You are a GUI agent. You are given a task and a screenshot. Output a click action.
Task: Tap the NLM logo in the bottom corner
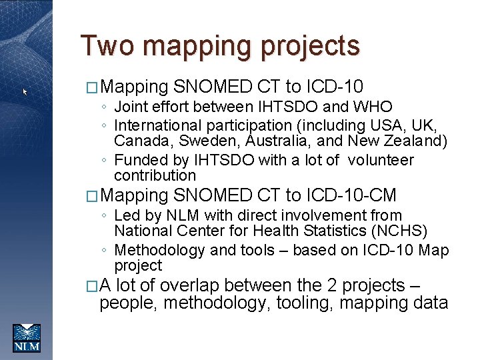tap(27, 337)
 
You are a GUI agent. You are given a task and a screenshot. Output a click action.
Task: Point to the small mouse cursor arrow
tap(25, 92)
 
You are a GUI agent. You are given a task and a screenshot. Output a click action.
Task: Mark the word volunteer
tap(381, 161)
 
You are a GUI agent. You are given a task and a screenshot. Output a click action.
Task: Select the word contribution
tap(155, 176)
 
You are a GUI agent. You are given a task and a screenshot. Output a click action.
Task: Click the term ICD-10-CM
tap(351, 196)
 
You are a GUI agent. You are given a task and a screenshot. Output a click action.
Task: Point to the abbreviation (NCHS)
tap(403, 231)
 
